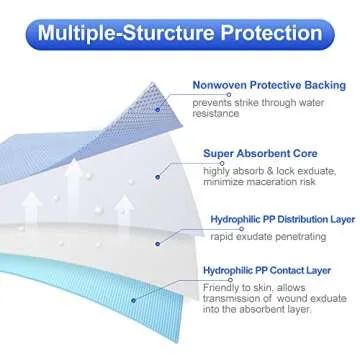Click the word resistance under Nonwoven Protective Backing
click(233, 113)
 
